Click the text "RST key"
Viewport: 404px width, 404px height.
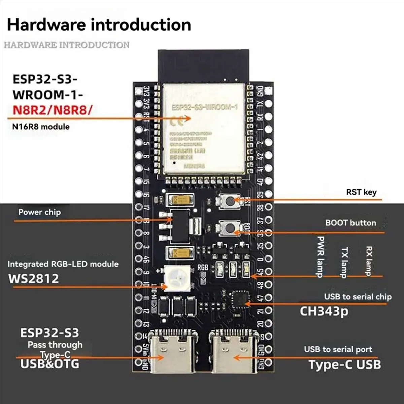361,192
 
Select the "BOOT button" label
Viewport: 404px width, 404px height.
350,223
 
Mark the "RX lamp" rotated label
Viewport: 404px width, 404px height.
369,261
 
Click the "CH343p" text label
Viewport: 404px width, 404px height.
324,311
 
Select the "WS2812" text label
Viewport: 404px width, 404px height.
33,279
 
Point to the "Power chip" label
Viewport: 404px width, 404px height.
39,212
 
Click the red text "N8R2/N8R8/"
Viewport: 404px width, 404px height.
52,110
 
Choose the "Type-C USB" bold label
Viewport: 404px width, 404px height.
345,364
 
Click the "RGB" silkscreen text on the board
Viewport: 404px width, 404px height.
203,268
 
